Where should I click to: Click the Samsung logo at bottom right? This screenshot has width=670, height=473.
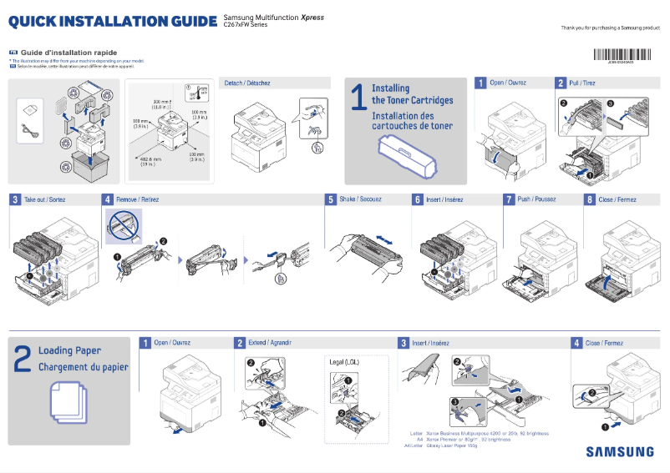click(619, 451)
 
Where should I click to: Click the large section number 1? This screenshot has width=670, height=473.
click(358, 97)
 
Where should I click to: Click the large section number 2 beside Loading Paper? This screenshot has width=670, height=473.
click(23, 359)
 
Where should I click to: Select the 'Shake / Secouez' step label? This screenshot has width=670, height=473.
click(359, 200)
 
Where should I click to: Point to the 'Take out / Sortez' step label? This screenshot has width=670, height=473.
click(45, 200)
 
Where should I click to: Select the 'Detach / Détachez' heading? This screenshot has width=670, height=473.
click(247, 83)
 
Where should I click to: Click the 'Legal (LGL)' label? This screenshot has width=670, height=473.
click(345, 361)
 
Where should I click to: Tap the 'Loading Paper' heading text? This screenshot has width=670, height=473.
click(69, 351)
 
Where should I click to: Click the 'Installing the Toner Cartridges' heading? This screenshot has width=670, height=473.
click(412, 94)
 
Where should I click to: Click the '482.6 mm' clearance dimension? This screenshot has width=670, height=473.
click(150, 159)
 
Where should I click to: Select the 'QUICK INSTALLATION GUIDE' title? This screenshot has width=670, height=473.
click(113, 20)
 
